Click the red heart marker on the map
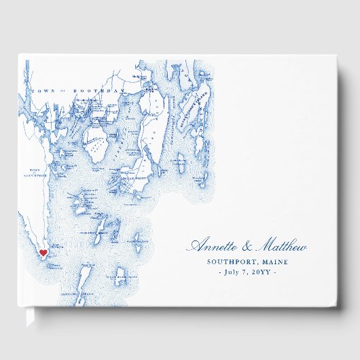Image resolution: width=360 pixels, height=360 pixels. (43, 253)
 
